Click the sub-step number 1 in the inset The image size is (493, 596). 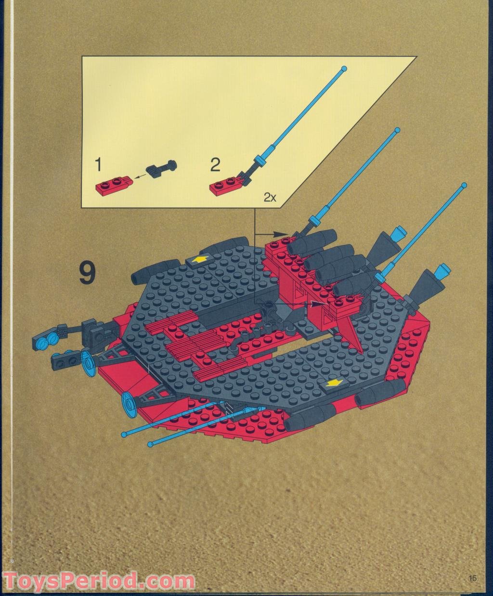pyautogui.click(x=98, y=166)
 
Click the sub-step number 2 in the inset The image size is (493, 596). pyautogui.click(x=215, y=165)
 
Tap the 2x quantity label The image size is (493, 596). pyautogui.click(x=269, y=197)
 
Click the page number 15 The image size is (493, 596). pyautogui.click(x=471, y=578)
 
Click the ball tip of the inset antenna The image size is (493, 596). pyautogui.click(x=343, y=69)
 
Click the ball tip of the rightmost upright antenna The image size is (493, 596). pyautogui.click(x=464, y=185)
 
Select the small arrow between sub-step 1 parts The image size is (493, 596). pyautogui.click(x=141, y=177)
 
